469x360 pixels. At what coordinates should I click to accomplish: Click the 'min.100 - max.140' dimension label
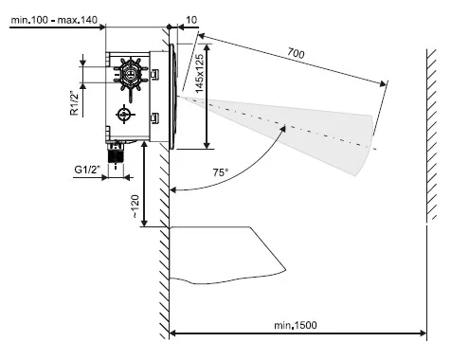(54, 20)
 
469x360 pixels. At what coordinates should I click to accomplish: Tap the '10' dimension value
(191, 20)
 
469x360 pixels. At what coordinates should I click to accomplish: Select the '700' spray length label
(296, 53)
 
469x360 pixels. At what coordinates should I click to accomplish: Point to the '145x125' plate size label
(199, 74)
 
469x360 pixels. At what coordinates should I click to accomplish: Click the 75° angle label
(220, 172)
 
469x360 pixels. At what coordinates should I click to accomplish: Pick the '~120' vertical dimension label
(135, 207)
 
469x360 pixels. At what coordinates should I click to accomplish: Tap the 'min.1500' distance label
(296, 325)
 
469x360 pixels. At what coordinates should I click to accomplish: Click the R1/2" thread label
(74, 103)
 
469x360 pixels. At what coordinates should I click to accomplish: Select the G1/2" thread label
(87, 170)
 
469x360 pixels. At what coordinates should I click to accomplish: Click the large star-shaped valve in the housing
(130, 75)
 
